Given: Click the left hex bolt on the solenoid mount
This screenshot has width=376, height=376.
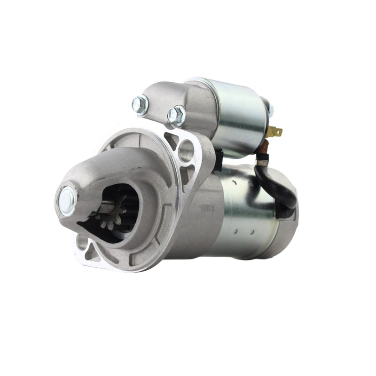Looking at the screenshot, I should click(140, 105).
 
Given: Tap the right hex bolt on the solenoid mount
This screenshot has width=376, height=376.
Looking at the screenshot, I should click(177, 115).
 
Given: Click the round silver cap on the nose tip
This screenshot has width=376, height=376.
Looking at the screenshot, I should click(68, 201).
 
